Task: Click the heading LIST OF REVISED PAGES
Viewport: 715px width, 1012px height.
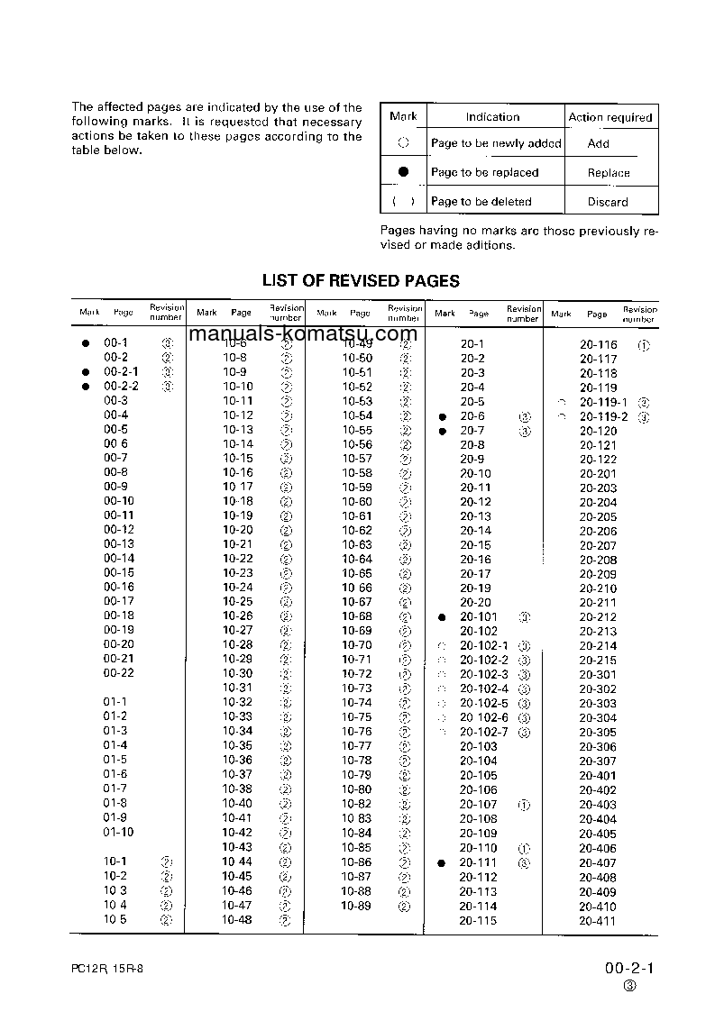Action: tap(361, 280)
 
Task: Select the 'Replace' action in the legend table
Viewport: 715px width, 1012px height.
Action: tap(609, 173)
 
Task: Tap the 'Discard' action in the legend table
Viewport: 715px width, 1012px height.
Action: tap(608, 202)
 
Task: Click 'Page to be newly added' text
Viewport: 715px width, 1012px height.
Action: tap(496, 143)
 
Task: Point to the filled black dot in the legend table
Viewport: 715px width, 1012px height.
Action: tap(403, 171)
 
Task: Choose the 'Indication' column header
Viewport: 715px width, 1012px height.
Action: tap(492, 117)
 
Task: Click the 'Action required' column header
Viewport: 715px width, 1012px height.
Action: tap(610, 117)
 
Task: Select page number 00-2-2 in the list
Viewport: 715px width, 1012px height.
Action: tap(121, 386)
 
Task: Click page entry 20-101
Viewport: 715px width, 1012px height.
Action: tap(479, 617)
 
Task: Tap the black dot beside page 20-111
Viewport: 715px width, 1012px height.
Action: tap(442, 863)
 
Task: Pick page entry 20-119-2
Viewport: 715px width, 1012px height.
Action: tap(604, 416)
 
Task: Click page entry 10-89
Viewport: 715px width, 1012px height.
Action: tap(356, 906)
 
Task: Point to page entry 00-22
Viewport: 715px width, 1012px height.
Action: tap(118, 673)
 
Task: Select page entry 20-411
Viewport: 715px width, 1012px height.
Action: tap(598, 921)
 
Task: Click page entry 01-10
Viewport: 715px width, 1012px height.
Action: tap(118, 832)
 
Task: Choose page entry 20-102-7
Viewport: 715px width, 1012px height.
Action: tap(484, 732)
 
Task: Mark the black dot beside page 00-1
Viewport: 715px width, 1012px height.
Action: tap(86, 343)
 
